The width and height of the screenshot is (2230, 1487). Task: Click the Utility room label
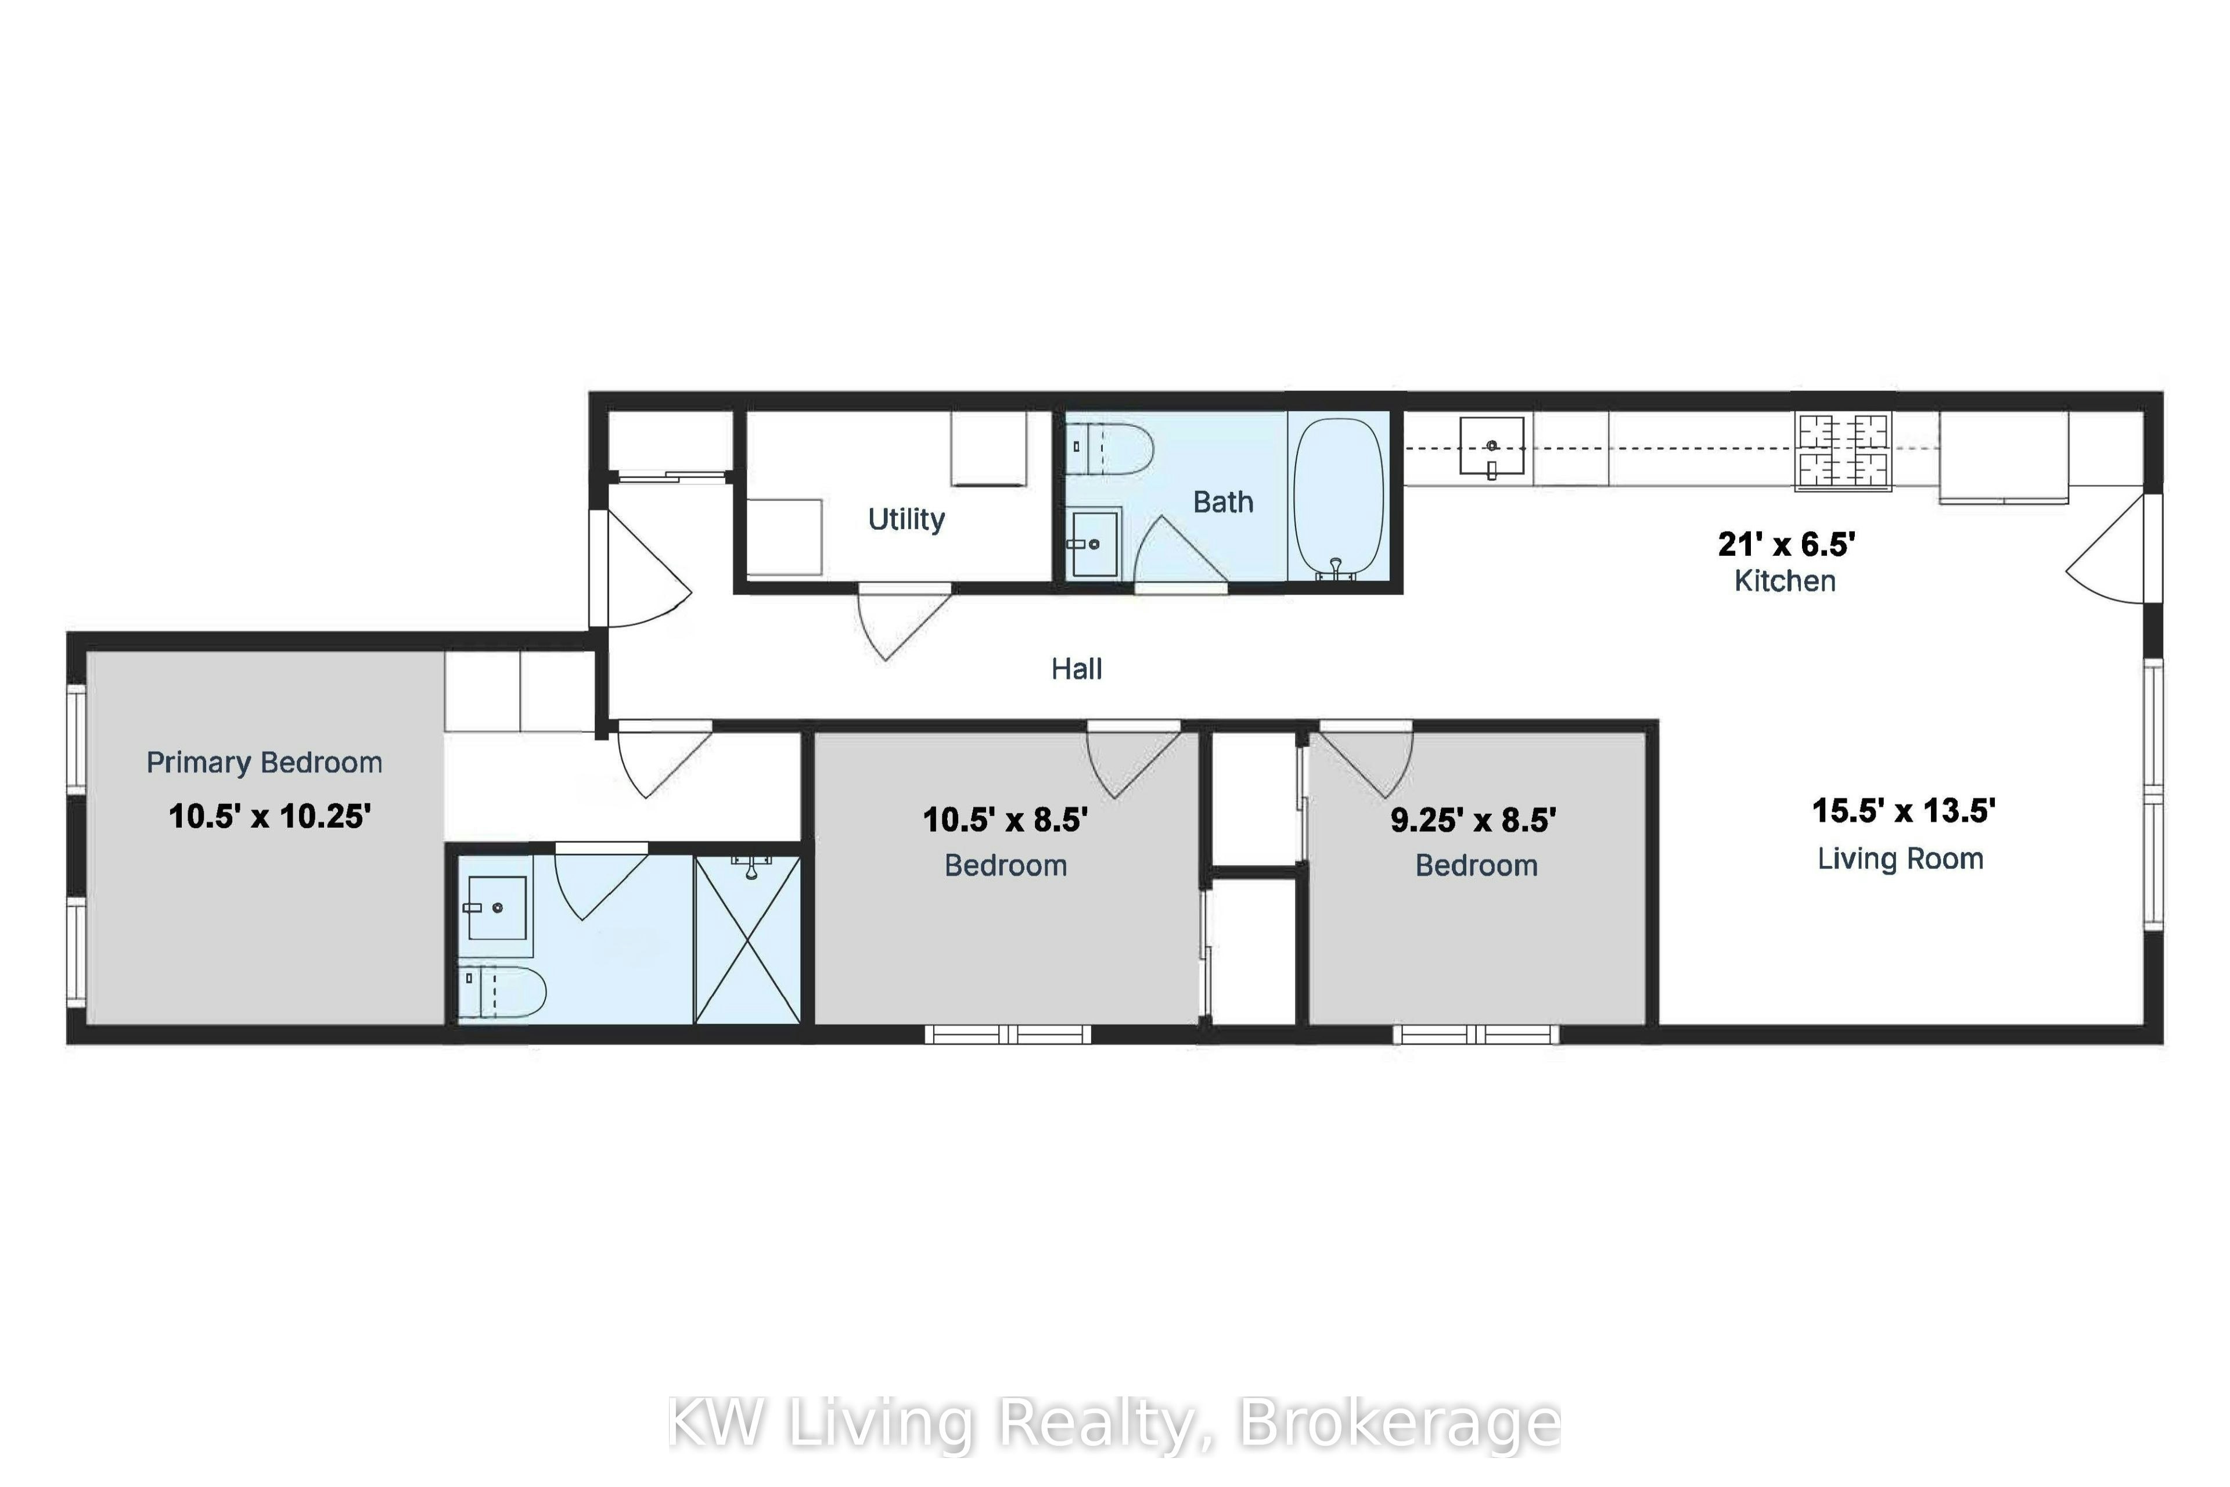click(907, 520)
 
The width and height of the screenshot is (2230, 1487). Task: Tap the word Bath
click(1223, 502)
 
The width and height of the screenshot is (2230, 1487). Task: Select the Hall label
click(1076, 670)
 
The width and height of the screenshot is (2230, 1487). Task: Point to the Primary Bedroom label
click(265, 763)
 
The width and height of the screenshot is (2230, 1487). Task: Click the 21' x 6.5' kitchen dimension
click(1786, 544)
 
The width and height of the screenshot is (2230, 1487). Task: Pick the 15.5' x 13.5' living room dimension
click(1904, 811)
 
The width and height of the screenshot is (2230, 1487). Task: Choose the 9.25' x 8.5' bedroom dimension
click(1473, 820)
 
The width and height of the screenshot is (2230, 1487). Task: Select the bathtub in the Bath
click(1338, 498)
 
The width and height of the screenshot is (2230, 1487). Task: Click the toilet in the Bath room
click(1109, 450)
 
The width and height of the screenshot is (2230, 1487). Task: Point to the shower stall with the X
click(748, 939)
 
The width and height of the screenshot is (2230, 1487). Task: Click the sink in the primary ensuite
click(497, 907)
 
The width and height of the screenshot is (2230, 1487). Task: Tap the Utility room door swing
click(904, 621)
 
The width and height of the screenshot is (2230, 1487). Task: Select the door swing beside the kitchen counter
click(2105, 548)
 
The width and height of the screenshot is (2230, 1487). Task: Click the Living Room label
click(1900, 859)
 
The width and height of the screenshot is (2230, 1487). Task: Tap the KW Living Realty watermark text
click(1114, 1423)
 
